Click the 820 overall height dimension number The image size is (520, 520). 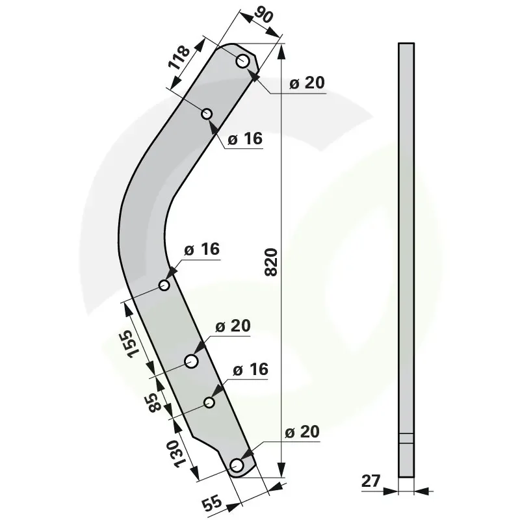(x=271, y=262)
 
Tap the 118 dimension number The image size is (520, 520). (x=179, y=57)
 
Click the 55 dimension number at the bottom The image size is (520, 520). (x=212, y=502)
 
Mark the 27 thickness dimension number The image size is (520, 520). (x=370, y=481)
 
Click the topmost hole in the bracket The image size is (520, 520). (x=242, y=61)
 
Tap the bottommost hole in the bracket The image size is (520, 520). (x=237, y=465)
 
